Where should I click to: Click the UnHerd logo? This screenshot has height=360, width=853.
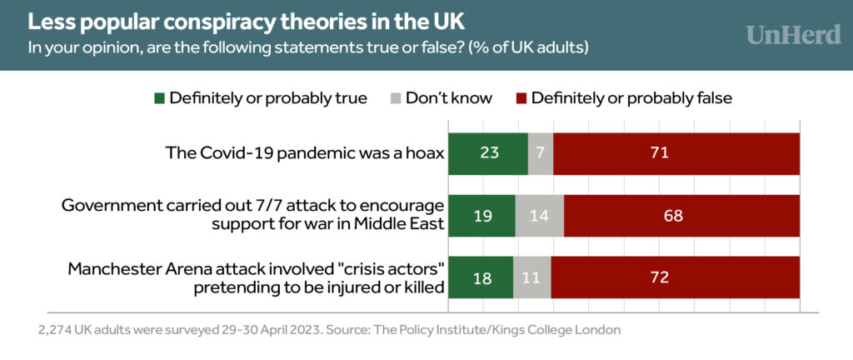pyautogui.click(x=792, y=35)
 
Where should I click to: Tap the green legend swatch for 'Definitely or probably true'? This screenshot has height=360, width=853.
pyautogui.click(x=159, y=98)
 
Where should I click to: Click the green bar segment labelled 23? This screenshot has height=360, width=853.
pyautogui.click(x=488, y=153)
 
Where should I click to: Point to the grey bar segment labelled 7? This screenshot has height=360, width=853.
pyautogui.click(x=541, y=153)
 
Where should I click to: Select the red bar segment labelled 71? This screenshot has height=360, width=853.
pyautogui.click(x=676, y=153)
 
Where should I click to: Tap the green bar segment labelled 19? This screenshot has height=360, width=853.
pyautogui.click(x=481, y=216)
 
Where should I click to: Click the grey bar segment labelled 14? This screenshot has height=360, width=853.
pyautogui.click(x=540, y=216)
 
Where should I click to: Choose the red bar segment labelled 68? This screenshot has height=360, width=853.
pyautogui.click(x=681, y=216)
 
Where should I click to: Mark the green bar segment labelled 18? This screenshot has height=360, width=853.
pyautogui.click(x=481, y=277)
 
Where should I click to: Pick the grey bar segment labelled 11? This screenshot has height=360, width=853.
pyautogui.click(x=531, y=277)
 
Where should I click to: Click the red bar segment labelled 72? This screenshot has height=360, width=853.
pyautogui.click(x=675, y=277)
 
